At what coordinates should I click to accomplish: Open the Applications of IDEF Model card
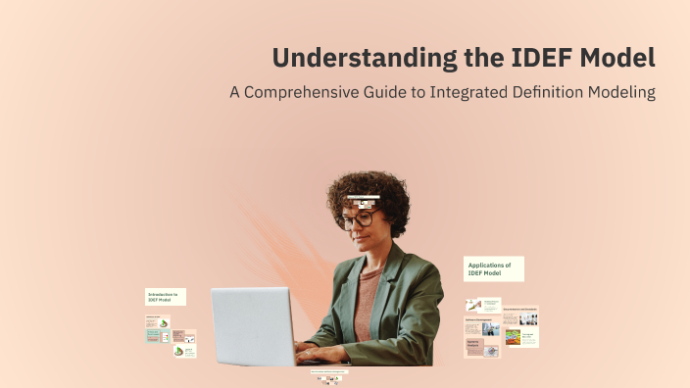pyautogui.click(x=493, y=269)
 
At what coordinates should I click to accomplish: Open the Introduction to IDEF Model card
pyautogui.click(x=165, y=296)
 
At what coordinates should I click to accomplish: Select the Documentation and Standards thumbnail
pyautogui.click(x=520, y=315)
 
